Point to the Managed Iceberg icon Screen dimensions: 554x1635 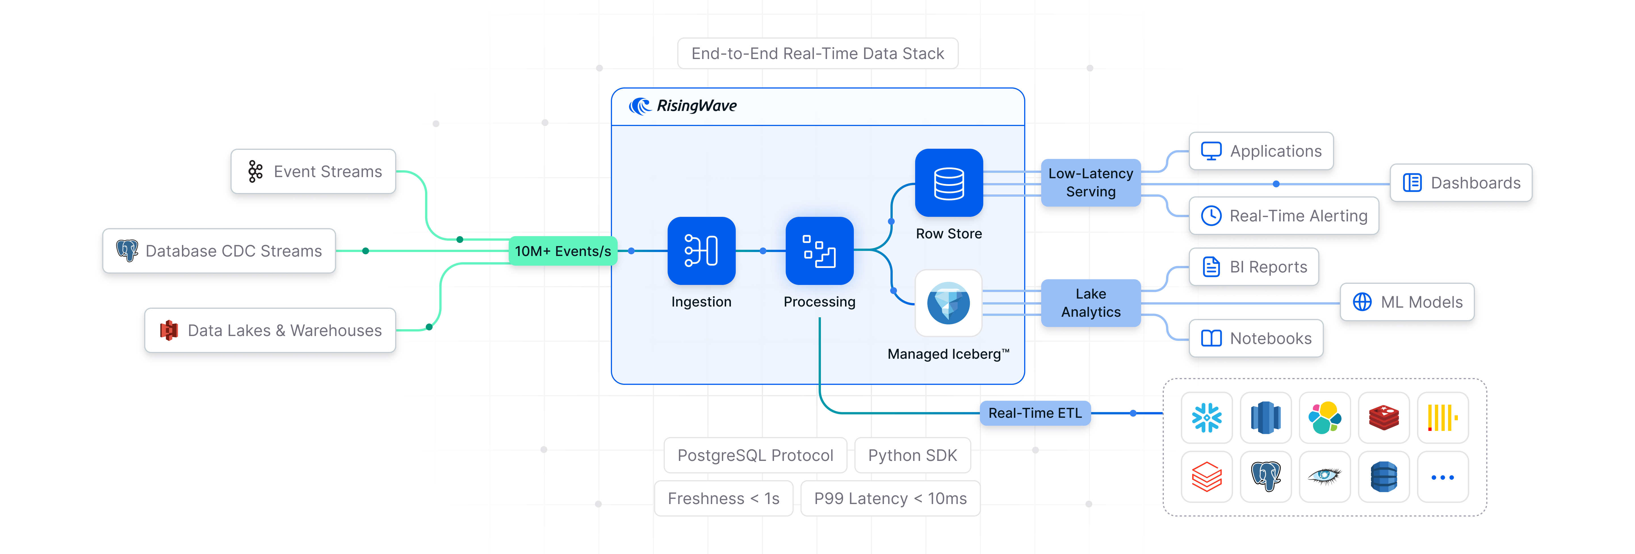pos(948,303)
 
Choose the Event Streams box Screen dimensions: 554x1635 pos(314,171)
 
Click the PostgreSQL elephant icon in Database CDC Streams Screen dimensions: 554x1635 pos(127,251)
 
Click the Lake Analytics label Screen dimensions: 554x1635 pos(1090,303)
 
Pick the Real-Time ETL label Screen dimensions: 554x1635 pos(1035,413)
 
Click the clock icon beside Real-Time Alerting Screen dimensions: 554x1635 pos(1211,216)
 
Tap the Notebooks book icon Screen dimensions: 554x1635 pos(1211,338)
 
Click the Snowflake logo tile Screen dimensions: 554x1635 pos(1207,417)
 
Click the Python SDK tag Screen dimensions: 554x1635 pos(912,455)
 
